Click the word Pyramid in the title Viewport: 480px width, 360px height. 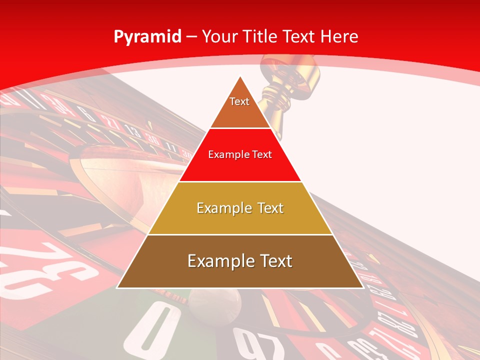(147, 37)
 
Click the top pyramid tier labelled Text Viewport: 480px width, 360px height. (239, 107)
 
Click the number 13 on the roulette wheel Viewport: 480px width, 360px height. (132, 131)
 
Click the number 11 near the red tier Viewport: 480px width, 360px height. (171, 148)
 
